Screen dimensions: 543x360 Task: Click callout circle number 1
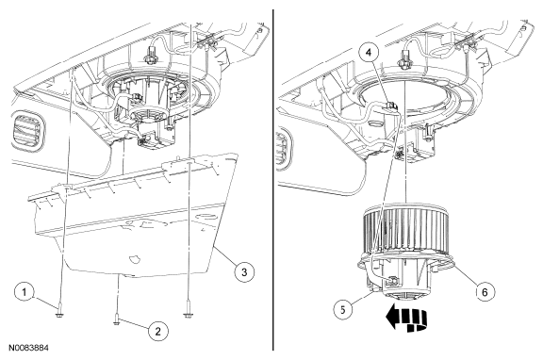click(x=25, y=292)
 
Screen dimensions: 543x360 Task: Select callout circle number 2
click(x=158, y=332)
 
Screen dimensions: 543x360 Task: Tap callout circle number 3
click(x=244, y=271)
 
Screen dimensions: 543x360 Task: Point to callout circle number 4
click(x=369, y=52)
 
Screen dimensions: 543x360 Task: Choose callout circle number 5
click(x=343, y=309)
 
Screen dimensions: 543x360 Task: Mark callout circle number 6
click(x=485, y=292)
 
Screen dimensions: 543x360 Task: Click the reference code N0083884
click(x=28, y=347)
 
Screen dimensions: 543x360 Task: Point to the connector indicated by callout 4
click(x=391, y=106)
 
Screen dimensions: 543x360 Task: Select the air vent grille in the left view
click(x=27, y=130)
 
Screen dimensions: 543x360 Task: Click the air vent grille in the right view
click(x=283, y=146)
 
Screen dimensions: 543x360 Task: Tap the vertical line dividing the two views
click(x=273, y=180)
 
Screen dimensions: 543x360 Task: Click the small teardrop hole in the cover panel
click(x=133, y=258)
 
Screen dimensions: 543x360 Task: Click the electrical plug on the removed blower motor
click(x=392, y=281)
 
